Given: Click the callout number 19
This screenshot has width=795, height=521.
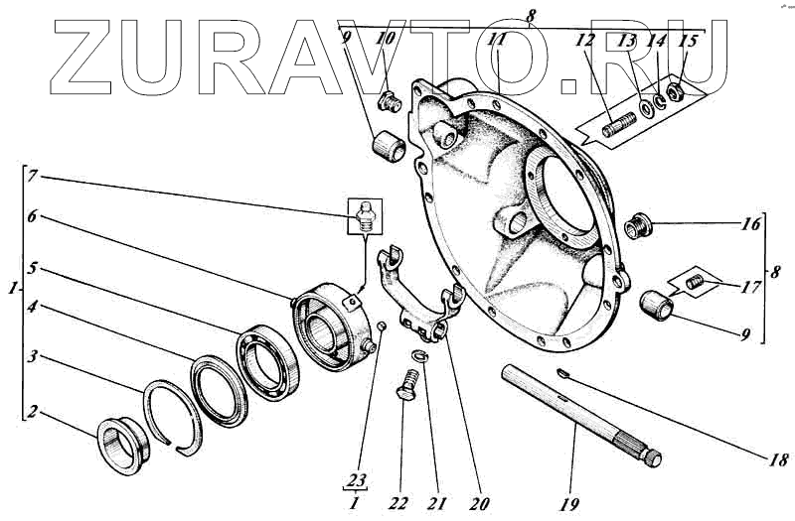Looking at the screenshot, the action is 569,504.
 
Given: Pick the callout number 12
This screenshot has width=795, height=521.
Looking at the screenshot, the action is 585,43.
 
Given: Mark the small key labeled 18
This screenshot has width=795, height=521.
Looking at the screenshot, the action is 561,374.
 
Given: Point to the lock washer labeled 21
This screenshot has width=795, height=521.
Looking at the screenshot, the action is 419,357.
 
